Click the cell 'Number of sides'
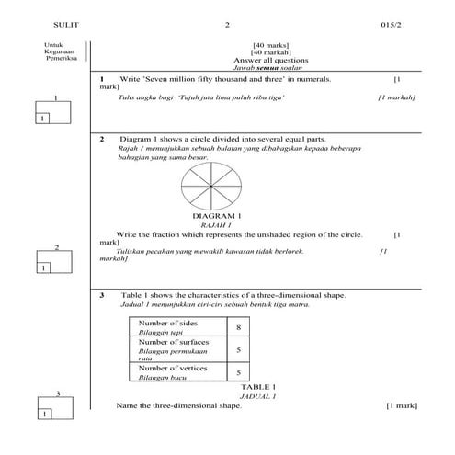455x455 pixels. coord(166,324)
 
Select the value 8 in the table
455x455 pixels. coord(238,328)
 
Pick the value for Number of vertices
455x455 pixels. coord(238,372)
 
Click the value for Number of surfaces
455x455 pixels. coord(238,350)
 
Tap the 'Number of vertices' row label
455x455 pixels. coord(172,368)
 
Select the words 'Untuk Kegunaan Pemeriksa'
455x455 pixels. coord(60,51)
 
